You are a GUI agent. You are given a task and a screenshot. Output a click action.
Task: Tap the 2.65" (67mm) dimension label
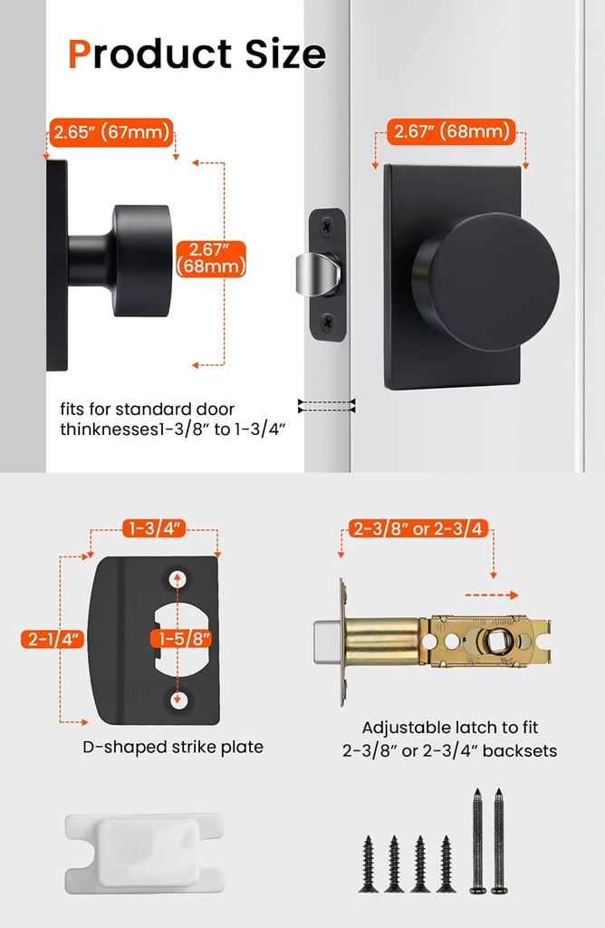click(x=111, y=132)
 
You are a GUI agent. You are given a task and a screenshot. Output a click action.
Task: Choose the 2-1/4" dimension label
click(x=53, y=640)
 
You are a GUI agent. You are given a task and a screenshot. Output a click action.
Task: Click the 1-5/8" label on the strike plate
click(x=184, y=639)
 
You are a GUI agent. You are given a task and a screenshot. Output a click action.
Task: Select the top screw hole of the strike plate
click(x=177, y=577)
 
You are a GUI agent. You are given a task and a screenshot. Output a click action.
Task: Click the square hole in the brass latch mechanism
click(x=496, y=642)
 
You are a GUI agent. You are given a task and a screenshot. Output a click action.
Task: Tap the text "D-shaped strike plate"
click(x=171, y=747)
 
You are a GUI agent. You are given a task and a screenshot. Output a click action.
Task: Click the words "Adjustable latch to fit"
click(x=450, y=727)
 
